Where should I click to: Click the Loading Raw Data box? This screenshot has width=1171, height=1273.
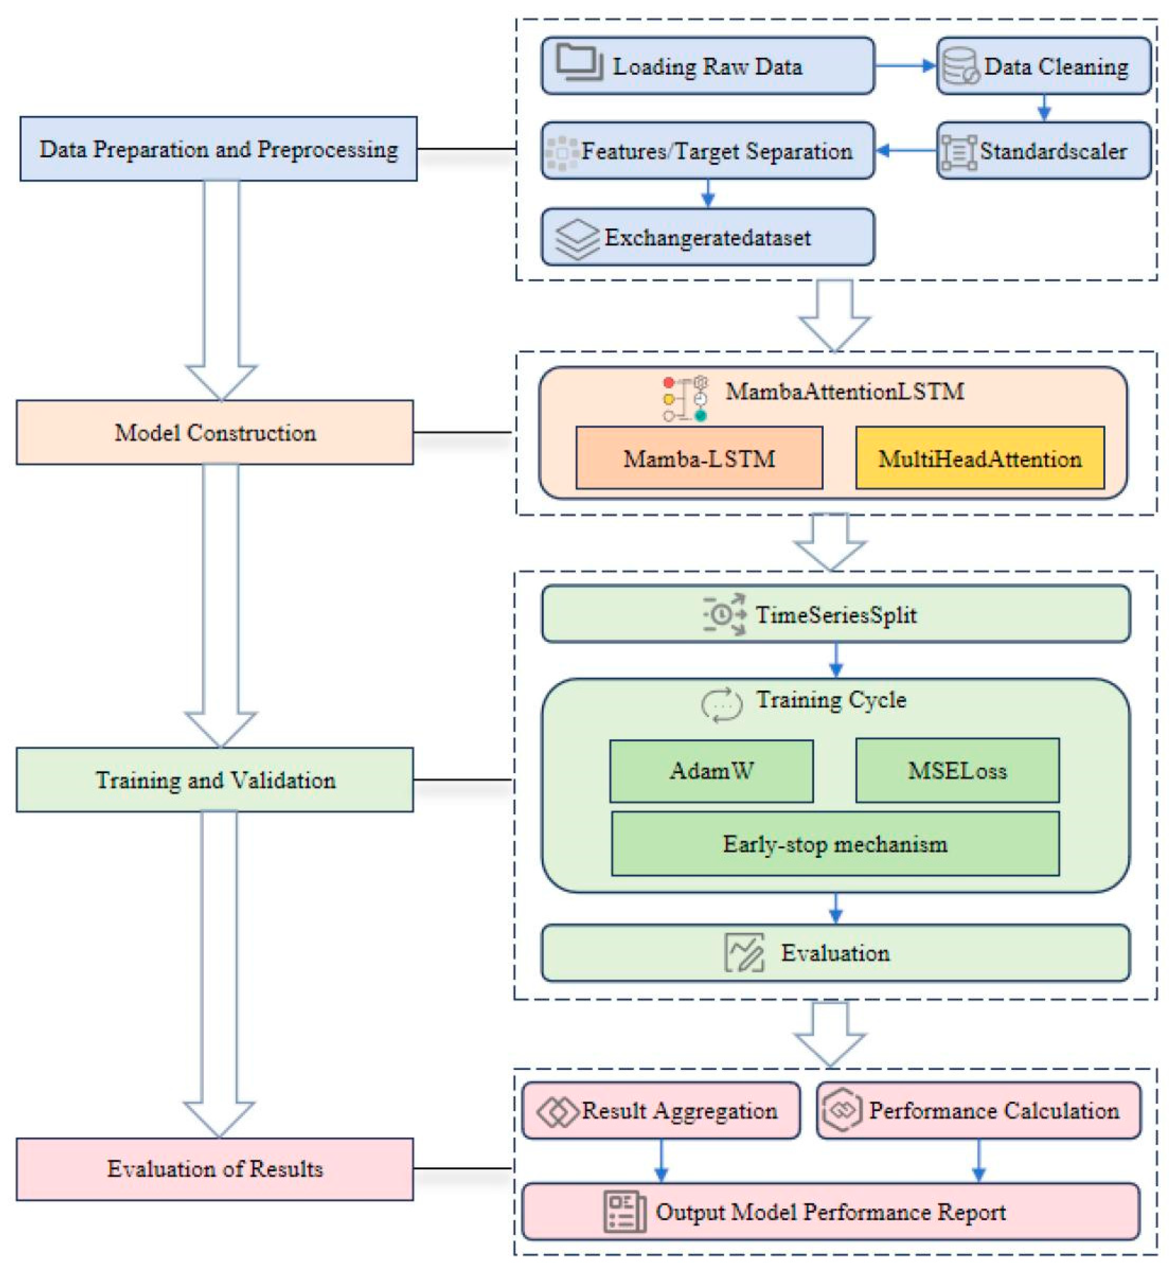tap(707, 66)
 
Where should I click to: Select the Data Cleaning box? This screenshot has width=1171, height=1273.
tap(1044, 66)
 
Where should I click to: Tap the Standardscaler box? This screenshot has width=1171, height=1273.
tap(1044, 151)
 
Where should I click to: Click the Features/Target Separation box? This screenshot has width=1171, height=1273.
tap(707, 151)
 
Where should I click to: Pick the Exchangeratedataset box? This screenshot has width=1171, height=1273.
tap(707, 237)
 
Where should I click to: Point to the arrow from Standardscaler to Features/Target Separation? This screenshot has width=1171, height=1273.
tap(906, 151)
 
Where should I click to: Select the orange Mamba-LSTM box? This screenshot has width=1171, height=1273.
tap(699, 458)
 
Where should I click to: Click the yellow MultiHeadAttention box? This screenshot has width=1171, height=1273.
tap(980, 458)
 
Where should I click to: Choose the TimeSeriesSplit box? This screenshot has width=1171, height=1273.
tap(835, 614)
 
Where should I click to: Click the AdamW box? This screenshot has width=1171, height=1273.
tap(711, 770)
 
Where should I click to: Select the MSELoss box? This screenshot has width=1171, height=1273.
tap(957, 770)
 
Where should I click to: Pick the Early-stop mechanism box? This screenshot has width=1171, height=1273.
tap(835, 844)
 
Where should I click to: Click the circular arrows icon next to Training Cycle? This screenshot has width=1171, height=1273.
tap(721, 704)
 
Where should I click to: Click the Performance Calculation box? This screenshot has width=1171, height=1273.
tap(978, 1110)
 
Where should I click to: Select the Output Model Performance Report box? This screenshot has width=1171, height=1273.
tap(830, 1212)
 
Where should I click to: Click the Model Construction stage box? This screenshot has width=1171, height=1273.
tap(215, 433)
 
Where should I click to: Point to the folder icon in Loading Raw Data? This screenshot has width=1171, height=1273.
tap(579, 62)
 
